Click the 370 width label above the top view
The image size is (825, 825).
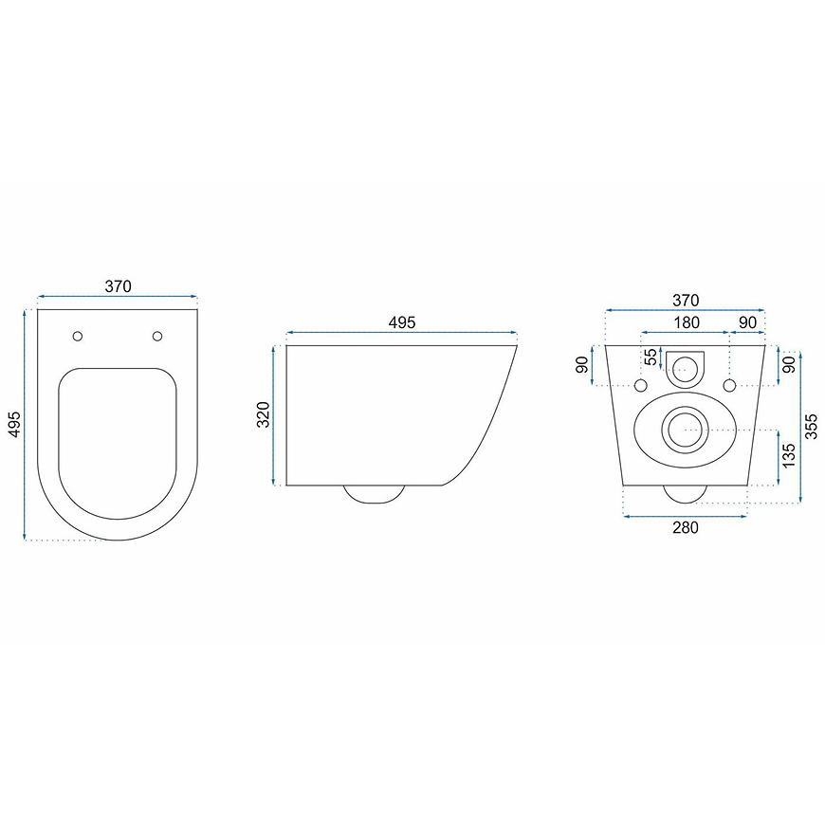[x=118, y=286]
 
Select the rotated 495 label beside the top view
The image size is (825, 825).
[x=15, y=424]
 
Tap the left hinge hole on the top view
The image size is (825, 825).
[x=78, y=336]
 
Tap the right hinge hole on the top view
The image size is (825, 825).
[x=157, y=336]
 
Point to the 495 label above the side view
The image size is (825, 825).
[x=401, y=322]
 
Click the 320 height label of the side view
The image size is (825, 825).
[x=265, y=414]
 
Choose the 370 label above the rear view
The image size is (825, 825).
[x=686, y=301]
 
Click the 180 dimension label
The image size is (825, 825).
[x=686, y=322]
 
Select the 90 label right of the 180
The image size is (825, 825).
[x=747, y=322]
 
